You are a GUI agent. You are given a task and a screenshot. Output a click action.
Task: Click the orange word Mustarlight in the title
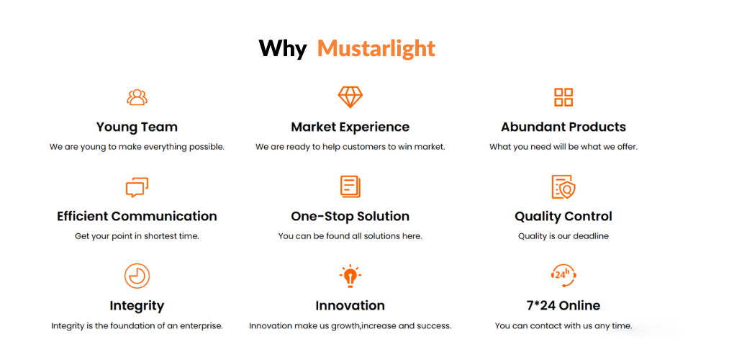(376, 48)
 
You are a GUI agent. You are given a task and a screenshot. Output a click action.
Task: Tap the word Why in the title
(282, 48)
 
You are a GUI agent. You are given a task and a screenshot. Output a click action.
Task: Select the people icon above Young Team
(137, 97)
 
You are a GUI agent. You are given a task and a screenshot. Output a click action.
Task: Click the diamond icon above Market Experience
(350, 96)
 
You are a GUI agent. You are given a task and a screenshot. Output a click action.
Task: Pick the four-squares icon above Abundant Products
(563, 97)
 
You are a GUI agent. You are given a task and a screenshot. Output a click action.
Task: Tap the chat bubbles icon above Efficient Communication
(137, 187)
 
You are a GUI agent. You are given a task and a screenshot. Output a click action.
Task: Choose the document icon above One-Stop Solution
(350, 186)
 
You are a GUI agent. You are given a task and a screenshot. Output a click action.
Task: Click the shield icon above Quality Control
(563, 186)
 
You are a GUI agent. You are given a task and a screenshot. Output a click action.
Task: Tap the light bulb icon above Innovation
(350, 276)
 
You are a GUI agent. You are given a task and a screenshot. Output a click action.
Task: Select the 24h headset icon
(563, 275)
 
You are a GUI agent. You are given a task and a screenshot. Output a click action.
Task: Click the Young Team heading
(137, 127)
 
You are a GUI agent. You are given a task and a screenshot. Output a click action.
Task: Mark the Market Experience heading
(350, 127)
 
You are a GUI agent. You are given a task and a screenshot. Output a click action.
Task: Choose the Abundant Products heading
(563, 127)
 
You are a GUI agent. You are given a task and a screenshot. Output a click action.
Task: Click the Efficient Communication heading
(137, 216)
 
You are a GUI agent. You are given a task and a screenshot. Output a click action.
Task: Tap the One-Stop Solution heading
(350, 216)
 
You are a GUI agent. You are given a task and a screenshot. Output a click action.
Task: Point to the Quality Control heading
(563, 216)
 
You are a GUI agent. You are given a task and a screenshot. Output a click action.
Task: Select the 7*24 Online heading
(563, 305)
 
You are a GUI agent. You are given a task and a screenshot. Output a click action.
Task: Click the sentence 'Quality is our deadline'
(563, 236)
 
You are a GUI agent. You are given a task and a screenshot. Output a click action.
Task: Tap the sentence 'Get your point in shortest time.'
(137, 236)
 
